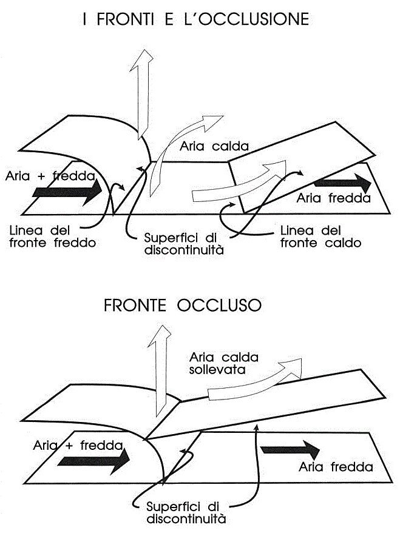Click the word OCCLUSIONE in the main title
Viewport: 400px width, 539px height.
tap(254, 19)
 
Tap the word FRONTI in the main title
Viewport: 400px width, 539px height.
tap(125, 19)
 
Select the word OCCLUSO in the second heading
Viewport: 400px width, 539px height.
tap(219, 305)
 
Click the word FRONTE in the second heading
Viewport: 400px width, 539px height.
tap(135, 305)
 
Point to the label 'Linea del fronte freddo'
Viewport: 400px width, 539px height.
tap(52, 236)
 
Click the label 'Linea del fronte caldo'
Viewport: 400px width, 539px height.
tap(321, 236)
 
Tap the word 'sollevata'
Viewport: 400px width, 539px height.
tap(217, 370)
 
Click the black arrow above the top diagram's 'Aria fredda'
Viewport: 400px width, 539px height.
tap(342, 183)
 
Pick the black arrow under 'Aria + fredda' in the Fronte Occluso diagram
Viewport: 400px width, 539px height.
tap(93, 460)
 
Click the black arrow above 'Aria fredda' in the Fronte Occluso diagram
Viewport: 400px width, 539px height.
tap(290, 449)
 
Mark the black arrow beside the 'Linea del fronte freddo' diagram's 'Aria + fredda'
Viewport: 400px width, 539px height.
tap(67, 192)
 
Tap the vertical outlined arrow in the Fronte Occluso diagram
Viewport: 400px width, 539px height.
tap(158, 370)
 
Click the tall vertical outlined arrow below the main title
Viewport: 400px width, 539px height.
tap(141, 93)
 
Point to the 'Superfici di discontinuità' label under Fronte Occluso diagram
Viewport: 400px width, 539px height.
tap(186, 512)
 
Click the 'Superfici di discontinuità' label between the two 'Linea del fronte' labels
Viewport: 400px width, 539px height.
tap(184, 243)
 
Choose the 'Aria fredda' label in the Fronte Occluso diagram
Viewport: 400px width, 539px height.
tap(336, 467)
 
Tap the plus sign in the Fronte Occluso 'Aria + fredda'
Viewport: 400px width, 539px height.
tap(69, 446)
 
